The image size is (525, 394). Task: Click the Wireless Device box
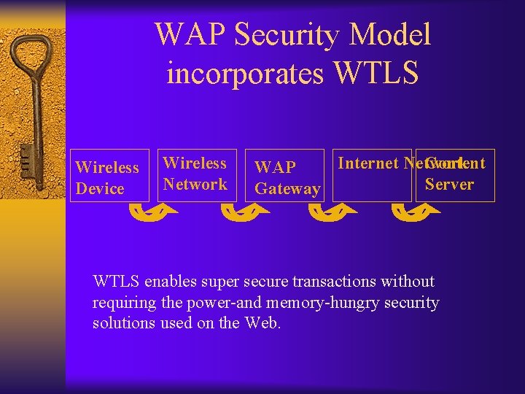point(109,177)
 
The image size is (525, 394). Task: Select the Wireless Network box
point(195,175)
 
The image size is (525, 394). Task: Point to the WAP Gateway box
point(287,177)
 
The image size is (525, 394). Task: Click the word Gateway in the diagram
point(287,189)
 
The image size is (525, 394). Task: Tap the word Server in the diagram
point(449,184)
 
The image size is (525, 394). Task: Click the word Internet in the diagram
point(368,163)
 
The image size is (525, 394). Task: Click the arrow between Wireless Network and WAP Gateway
point(244,212)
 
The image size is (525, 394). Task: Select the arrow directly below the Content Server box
point(416,212)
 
